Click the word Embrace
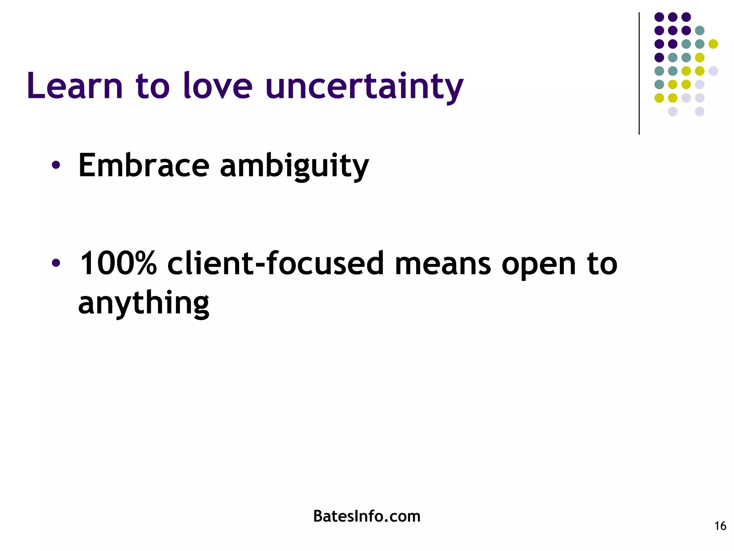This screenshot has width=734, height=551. point(143,165)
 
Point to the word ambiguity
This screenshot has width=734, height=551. point(294,166)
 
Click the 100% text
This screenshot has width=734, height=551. point(118,264)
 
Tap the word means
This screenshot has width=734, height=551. point(443,264)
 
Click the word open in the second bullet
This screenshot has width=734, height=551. point(539,265)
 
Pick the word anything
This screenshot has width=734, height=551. point(143,303)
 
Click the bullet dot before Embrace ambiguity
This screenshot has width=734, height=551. point(56,165)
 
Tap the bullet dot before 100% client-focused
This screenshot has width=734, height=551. point(56,263)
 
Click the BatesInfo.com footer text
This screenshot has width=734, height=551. point(367,516)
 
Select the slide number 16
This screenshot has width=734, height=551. point(720,526)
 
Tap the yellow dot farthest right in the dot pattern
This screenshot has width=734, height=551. point(713,44)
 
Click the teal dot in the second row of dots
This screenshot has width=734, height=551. point(700,30)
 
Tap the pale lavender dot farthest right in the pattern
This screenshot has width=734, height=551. point(713,71)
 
